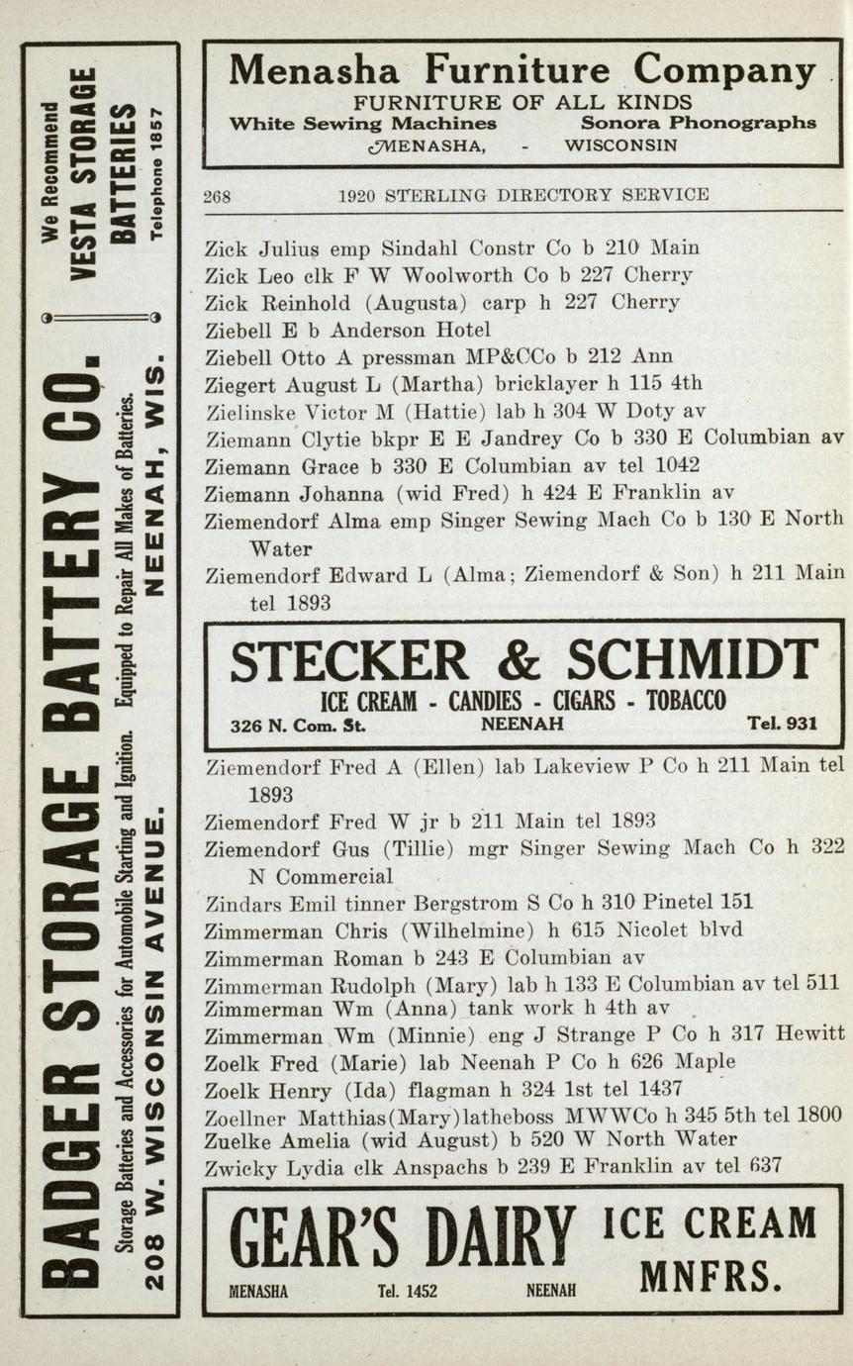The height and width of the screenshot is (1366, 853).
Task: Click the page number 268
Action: click(x=217, y=196)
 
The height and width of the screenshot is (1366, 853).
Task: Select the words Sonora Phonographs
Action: click(x=698, y=124)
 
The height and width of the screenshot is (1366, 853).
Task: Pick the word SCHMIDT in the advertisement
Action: click(x=692, y=661)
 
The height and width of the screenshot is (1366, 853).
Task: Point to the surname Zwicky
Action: click(x=240, y=1167)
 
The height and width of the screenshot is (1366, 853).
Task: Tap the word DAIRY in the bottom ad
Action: click(x=502, y=1239)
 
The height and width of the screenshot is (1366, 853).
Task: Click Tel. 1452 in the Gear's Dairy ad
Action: click(x=407, y=1291)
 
